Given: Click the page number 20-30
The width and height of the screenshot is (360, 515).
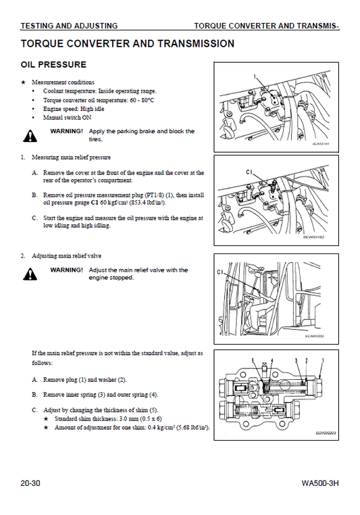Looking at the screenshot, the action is (30, 483).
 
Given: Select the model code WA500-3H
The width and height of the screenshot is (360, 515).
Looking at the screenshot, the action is (320, 483).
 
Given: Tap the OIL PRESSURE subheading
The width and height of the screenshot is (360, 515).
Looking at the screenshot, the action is (53, 64).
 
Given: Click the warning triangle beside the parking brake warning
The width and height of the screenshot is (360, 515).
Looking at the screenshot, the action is (30, 136).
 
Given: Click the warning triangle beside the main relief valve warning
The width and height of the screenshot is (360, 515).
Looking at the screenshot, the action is (30, 274).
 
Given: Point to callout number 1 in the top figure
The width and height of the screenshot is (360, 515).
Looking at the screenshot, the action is (255, 76).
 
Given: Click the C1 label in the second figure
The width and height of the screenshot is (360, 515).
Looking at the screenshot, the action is (249, 172).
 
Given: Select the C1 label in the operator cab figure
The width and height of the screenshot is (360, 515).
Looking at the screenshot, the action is (220, 272).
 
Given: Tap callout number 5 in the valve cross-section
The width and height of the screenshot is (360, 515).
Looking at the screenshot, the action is (253, 360).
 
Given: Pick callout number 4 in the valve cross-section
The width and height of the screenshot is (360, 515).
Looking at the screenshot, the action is (272, 360).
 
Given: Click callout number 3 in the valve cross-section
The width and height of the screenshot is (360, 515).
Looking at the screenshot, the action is (296, 360).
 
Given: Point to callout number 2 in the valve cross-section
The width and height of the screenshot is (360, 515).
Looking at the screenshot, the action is (307, 360).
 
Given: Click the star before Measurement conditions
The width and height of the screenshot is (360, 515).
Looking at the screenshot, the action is (23, 82).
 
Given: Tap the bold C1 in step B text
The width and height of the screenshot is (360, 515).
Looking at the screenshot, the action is (95, 203).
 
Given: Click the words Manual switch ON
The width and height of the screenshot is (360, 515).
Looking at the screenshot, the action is (68, 117).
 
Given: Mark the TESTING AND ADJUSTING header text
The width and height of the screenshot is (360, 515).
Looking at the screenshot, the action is (69, 26).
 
